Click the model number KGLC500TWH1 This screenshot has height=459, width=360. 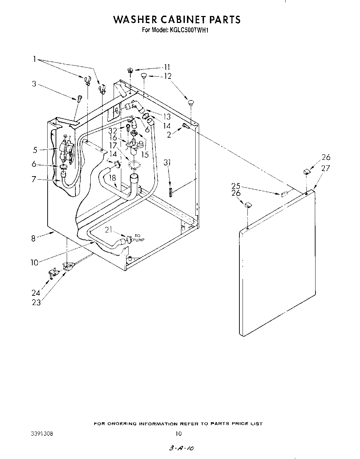(x=190, y=30)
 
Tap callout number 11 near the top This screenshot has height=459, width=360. (x=167, y=67)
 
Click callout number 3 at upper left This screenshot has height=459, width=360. (x=34, y=84)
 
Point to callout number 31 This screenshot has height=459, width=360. (x=168, y=162)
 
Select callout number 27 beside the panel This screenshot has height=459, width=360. (x=326, y=169)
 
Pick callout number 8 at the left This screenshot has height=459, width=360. (x=33, y=239)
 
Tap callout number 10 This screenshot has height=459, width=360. (x=34, y=263)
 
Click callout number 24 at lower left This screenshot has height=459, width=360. (x=36, y=293)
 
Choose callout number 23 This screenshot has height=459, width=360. (x=36, y=303)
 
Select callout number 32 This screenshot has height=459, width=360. (x=113, y=131)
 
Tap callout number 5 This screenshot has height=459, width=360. (x=35, y=150)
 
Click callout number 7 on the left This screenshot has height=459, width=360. (x=34, y=179)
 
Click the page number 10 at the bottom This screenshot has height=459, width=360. (x=178, y=433)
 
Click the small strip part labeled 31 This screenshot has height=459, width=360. (x=170, y=192)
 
